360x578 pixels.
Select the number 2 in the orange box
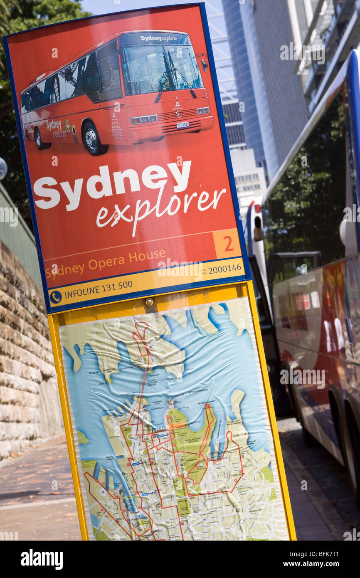[x=228, y=244]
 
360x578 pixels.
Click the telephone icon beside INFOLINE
[x=56, y=296]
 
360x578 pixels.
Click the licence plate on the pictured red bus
[x=182, y=124]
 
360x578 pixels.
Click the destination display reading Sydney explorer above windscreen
[x=158, y=38]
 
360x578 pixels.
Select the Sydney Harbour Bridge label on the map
[x=152, y=383]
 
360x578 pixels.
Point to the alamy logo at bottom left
[x=42, y=559]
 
